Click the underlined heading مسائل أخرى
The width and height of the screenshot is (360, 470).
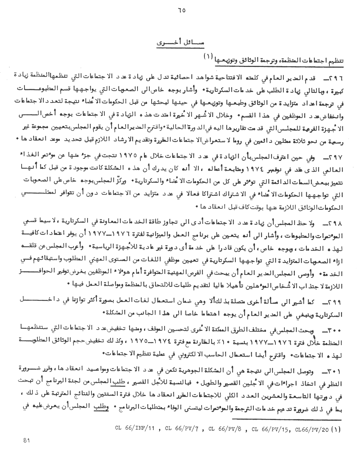tap(180, 43)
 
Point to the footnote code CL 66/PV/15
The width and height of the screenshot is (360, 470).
tap(271, 428)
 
